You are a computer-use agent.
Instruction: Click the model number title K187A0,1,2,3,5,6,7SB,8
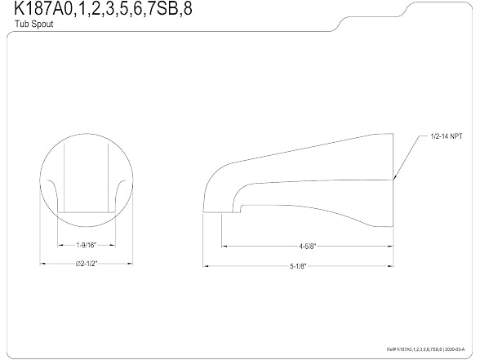tap(103, 8)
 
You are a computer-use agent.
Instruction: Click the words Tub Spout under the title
tap(34, 24)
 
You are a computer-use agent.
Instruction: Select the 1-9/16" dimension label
tap(87, 245)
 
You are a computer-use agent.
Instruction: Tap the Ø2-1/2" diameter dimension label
tap(87, 263)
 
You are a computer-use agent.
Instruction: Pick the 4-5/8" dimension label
tap(307, 246)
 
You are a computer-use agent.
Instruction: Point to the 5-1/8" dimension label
tap(298, 266)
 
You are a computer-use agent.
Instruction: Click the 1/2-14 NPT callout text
tap(447, 136)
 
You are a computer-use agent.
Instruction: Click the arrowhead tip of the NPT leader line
tap(394, 179)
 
